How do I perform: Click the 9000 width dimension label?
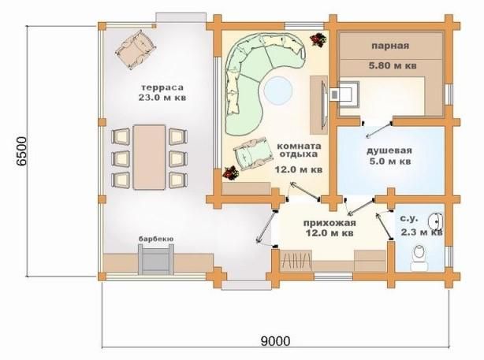[x=276, y=341]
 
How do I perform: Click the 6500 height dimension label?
[x=21, y=152]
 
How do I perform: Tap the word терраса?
[x=162, y=87]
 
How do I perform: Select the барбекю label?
[x=156, y=239]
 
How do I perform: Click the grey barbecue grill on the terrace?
[x=155, y=259]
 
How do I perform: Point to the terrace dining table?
[x=149, y=157]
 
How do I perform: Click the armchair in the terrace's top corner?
[x=136, y=50]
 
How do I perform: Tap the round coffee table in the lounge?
[x=277, y=91]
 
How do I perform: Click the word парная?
[x=390, y=46]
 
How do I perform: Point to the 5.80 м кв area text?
[x=393, y=65]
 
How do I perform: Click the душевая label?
[x=389, y=150]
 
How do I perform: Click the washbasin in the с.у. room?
[x=436, y=221]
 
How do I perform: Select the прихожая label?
[x=329, y=223]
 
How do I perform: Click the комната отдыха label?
[x=299, y=150]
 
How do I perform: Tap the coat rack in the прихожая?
[x=296, y=261]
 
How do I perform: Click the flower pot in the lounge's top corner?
[x=318, y=39]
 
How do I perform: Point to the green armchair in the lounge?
[x=253, y=154]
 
